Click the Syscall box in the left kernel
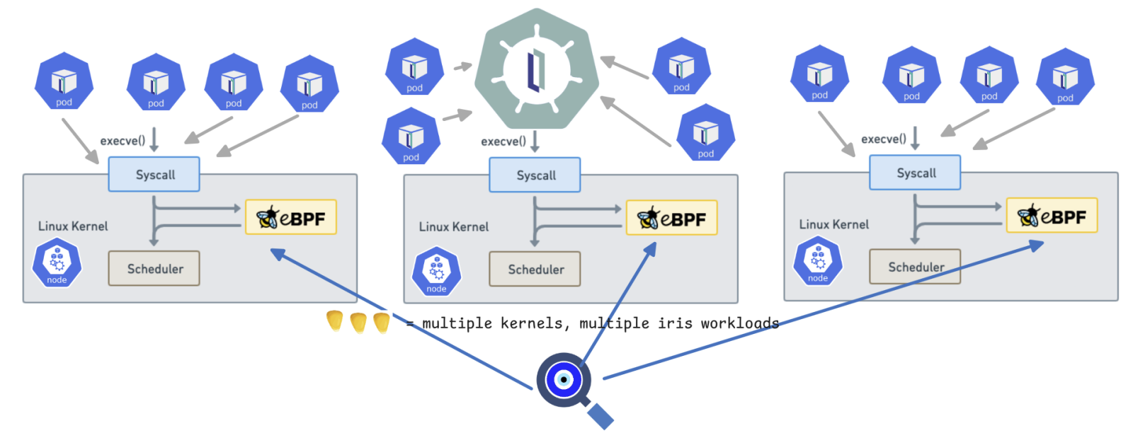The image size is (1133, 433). coord(154,175)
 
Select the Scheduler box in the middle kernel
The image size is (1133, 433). coord(535,269)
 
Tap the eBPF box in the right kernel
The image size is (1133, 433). coord(1052,216)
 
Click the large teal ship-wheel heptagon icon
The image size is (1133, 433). coord(536,69)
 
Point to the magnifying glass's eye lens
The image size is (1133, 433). coord(564,380)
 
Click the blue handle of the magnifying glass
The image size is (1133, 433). coord(600,415)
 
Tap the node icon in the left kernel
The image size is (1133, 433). coord(57,263)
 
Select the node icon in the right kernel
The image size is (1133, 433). coord(818,261)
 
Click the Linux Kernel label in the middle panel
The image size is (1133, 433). coord(453,227)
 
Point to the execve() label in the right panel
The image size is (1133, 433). coord(883,139)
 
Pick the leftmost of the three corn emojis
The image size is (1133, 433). coord(335,321)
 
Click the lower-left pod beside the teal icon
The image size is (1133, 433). coord(411,136)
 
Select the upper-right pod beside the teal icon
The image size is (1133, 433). coord(681,67)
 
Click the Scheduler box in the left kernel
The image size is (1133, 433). coord(154,268)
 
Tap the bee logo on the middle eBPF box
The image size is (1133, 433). coord(647,218)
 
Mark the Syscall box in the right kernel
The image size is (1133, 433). coord(915,173)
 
